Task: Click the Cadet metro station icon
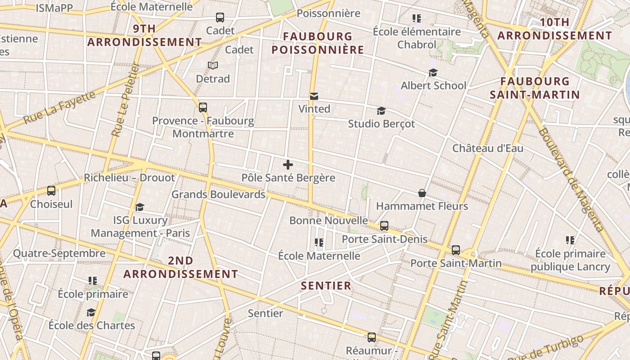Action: tap(220, 18)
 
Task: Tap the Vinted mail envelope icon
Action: tap(314, 96)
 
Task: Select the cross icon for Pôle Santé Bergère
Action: tap(288, 165)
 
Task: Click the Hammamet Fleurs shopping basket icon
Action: tap(422, 193)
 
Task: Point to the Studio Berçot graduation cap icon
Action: tap(381, 111)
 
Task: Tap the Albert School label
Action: tap(433, 85)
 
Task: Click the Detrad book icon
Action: tap(213, 66)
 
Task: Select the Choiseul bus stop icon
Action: tap(51, 191)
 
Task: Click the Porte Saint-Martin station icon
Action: tap(456, 250)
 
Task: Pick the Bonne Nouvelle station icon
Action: tap(384, 226)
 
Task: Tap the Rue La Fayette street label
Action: tap(59, 108)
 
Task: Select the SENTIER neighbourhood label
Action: tap(326, 286)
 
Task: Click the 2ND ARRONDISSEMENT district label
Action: tap(180, 267)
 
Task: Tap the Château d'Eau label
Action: tap(487, 148)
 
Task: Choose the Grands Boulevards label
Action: tap(218, 194)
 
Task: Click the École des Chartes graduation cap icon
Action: tap(91, 312)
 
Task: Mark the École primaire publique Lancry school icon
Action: tap(570, 240)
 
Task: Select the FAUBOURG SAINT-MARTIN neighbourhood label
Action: tap(535, 88)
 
